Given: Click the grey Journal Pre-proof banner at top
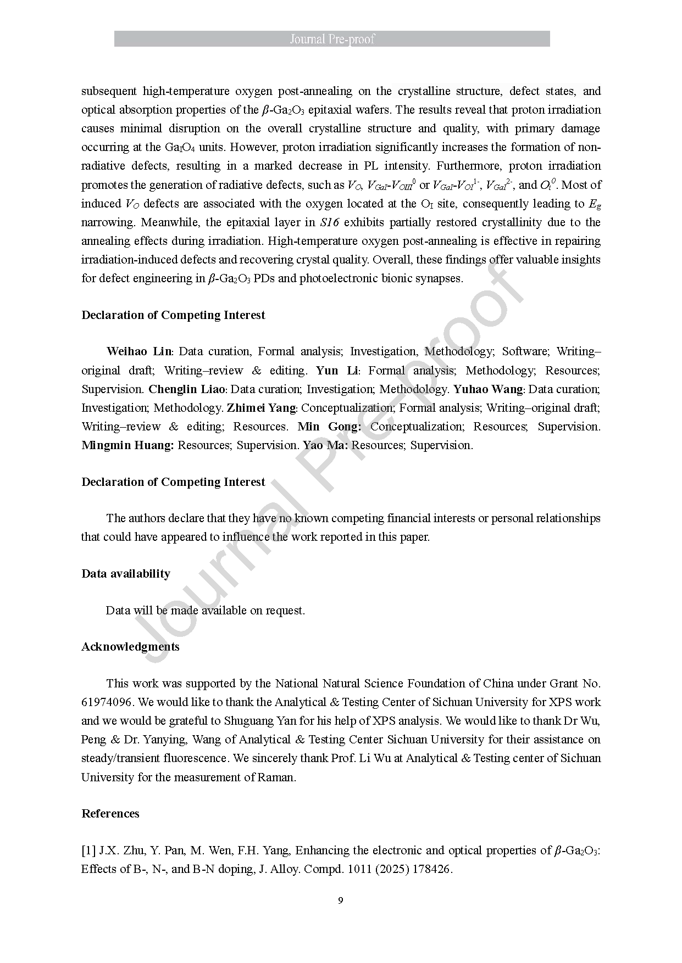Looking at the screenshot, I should pos(332,39).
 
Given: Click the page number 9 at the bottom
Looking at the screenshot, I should pos(341,900).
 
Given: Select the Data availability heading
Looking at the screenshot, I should pos(126,574).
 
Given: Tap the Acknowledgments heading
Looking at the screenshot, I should pos(130,647).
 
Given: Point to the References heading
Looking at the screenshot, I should pos(110,814).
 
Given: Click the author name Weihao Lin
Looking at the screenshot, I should pos(139,351).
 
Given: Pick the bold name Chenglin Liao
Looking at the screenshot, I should pos(187,389).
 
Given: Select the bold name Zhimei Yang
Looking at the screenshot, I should pos(262,408).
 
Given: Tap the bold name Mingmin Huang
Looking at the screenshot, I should pos(127,445).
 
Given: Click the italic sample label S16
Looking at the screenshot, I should pos(329,222).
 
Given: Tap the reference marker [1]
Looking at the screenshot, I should pos(88,850).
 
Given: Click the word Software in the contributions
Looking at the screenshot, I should pos(525,351).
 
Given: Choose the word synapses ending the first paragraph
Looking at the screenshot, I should pos(440,278).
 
